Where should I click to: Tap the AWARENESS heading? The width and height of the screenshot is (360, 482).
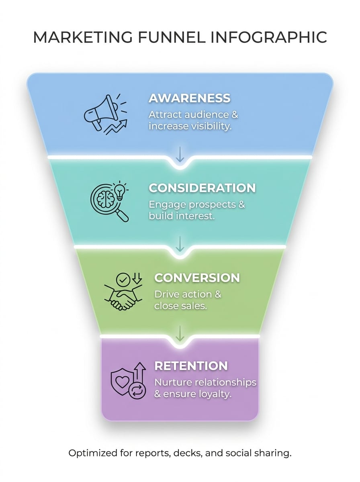(189, 98)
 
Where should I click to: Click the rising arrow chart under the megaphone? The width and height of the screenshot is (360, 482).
(116, 127)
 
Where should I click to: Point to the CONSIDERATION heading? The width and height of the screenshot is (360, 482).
(202, 188)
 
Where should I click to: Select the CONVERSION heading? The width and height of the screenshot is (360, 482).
(197, 278)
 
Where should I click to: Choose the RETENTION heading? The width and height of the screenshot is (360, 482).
(191, 366)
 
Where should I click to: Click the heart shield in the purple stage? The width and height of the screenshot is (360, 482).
(122, 380)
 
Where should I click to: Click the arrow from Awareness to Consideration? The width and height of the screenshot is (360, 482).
(180, 154)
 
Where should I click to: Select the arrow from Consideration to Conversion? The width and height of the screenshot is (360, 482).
(180, 243)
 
